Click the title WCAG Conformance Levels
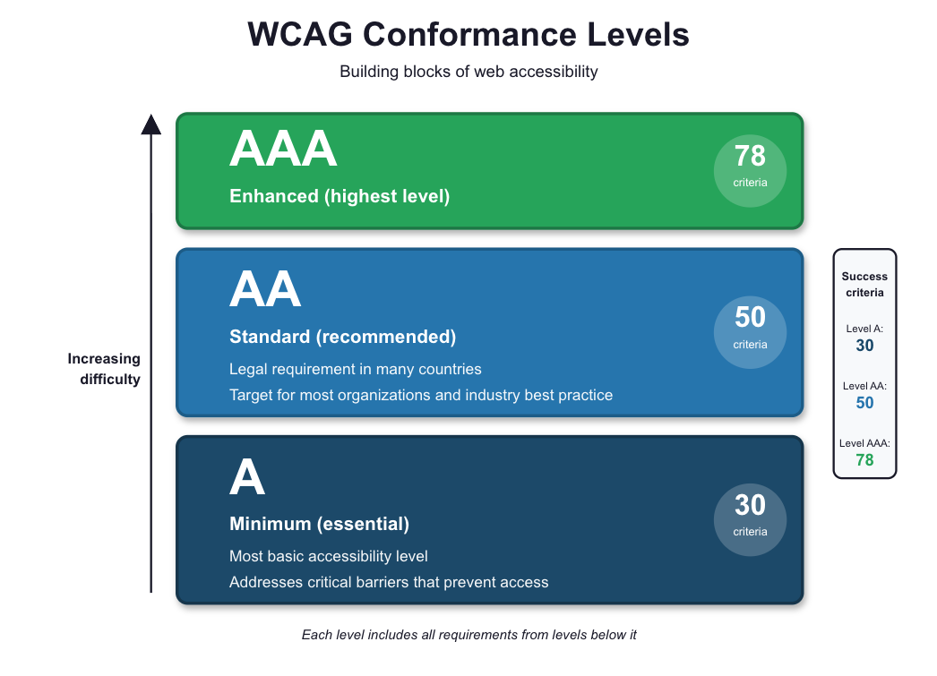click(468, 35)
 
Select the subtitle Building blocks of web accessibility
click(468, 72)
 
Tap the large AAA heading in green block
click(283, 150)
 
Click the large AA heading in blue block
click(265, 290)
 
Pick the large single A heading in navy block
click(247, 478)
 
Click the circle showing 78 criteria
click(750, 171)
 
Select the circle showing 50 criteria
click(750, 332)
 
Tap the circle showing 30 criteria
click(750, 519)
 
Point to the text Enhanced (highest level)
click(340, 195)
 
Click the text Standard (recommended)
click(342, 337)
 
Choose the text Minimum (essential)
click(319, 524)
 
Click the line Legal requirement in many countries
click(356, 369)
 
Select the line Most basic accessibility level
click(329, 556)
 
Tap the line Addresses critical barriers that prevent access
click(389, 582)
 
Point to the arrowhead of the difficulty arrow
click(151, 124)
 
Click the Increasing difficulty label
click(104, 369)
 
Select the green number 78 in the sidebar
click(864, 460)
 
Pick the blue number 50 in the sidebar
click(864, 403)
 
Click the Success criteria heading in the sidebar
click(864, 285)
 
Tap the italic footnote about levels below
click(468, 635)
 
